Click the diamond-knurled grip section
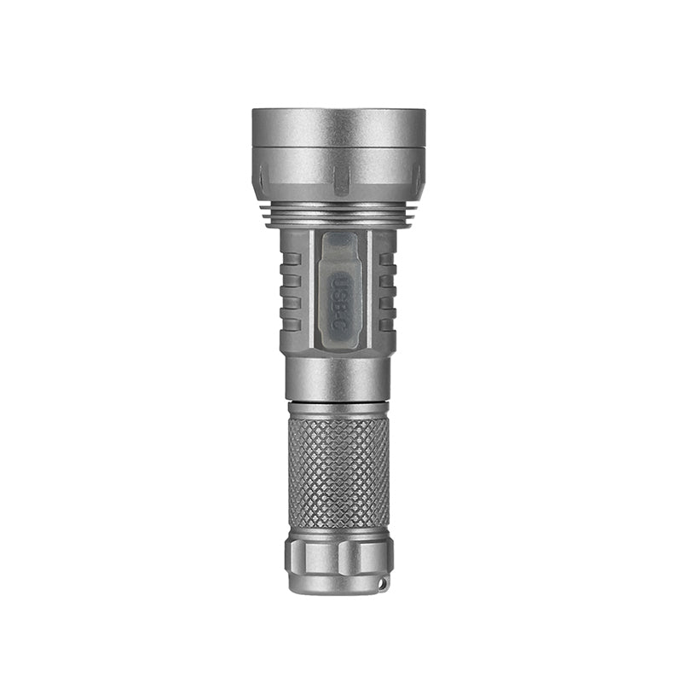pyautogui.click(x=338, y=473)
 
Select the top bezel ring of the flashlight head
pyautogui.click(x=338, y=127)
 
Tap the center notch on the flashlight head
pyautogui.click(x=340, y=180)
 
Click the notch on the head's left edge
pyautogui.click(x=261, y=177)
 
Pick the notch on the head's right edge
pyautogui.click(x=418, y=177)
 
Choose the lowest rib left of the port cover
pyautogui.click(x=292, y=324)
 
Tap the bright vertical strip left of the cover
pyautogui.click(x=315, y=290)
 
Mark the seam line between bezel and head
pyautogui.click(x=338, y=147)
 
